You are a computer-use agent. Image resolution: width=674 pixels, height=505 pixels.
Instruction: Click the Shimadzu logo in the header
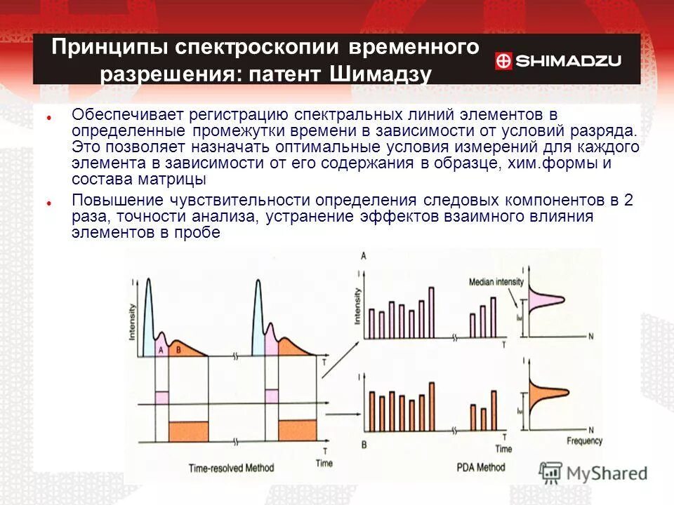click(558, 61)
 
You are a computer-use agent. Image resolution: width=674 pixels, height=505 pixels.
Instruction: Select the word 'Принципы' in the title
click(107, 48)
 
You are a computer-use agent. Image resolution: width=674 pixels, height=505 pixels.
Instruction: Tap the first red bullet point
click(50, 117)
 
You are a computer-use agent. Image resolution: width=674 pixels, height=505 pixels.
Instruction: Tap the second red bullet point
click(50, 202)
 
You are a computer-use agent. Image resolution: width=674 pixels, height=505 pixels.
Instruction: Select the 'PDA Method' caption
click(480, 466)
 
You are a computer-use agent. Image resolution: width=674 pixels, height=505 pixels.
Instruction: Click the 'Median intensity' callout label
click(496, 281)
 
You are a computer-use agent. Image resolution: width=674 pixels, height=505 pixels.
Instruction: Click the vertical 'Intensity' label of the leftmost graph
click(132, 325)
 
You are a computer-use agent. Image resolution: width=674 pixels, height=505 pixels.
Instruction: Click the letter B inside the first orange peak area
click(178, 349)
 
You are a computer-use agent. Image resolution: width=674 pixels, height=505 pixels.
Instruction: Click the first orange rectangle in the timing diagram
click(189, 430)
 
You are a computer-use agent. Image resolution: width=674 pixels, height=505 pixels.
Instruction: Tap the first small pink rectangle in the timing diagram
click(161, 396)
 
